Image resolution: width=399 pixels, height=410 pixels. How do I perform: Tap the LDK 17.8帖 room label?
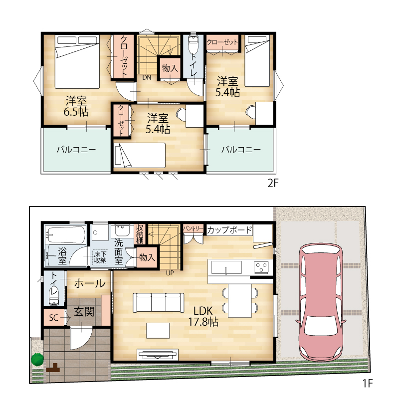tap(203, 316)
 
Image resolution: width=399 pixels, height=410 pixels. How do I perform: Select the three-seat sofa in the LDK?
tap(159, 303)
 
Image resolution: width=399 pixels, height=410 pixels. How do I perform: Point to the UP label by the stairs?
tap(170, 273)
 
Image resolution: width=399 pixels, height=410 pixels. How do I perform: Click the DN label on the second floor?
tap(147, 77)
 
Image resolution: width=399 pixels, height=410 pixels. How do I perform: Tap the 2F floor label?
tap(273, 183)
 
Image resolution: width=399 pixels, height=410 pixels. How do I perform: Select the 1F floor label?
tap(367, 384)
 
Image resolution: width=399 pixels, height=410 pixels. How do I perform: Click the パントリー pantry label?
tap(193, 229)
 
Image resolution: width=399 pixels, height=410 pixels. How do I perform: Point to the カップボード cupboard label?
tap(229, 230)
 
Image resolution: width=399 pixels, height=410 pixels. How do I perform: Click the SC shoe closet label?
tap(53, 318)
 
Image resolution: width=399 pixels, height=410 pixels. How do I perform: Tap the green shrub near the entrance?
tap(37, 360)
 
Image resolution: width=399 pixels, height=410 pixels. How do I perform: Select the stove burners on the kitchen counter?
tap(261, 267)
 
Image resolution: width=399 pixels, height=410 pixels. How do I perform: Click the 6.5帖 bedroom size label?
tap(76, 112)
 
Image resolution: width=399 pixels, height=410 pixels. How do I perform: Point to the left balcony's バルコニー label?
tap(76, 150)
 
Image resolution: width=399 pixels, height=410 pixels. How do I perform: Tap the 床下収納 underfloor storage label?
tap(100, 257)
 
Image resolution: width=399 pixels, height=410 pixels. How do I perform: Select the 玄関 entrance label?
tap(84, 311)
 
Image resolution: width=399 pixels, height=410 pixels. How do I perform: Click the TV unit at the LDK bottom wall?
tap(158, 355)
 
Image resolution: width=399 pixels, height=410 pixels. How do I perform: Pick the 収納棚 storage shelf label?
tap(140, 234)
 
